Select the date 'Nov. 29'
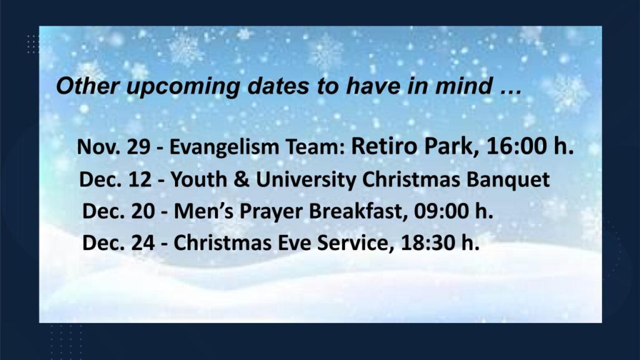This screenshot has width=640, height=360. [114, 147]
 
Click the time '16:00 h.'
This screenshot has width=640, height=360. [530, 146]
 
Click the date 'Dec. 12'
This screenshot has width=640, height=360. [116, 179]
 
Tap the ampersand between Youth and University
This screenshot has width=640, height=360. [241, 179]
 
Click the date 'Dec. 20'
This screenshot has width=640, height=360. [119, 211]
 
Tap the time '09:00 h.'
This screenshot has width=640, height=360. [454, 211]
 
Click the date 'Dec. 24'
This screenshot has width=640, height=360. [119, 243]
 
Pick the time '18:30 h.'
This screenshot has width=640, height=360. [440, 243]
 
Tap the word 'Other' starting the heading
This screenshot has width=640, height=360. [87, 86]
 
